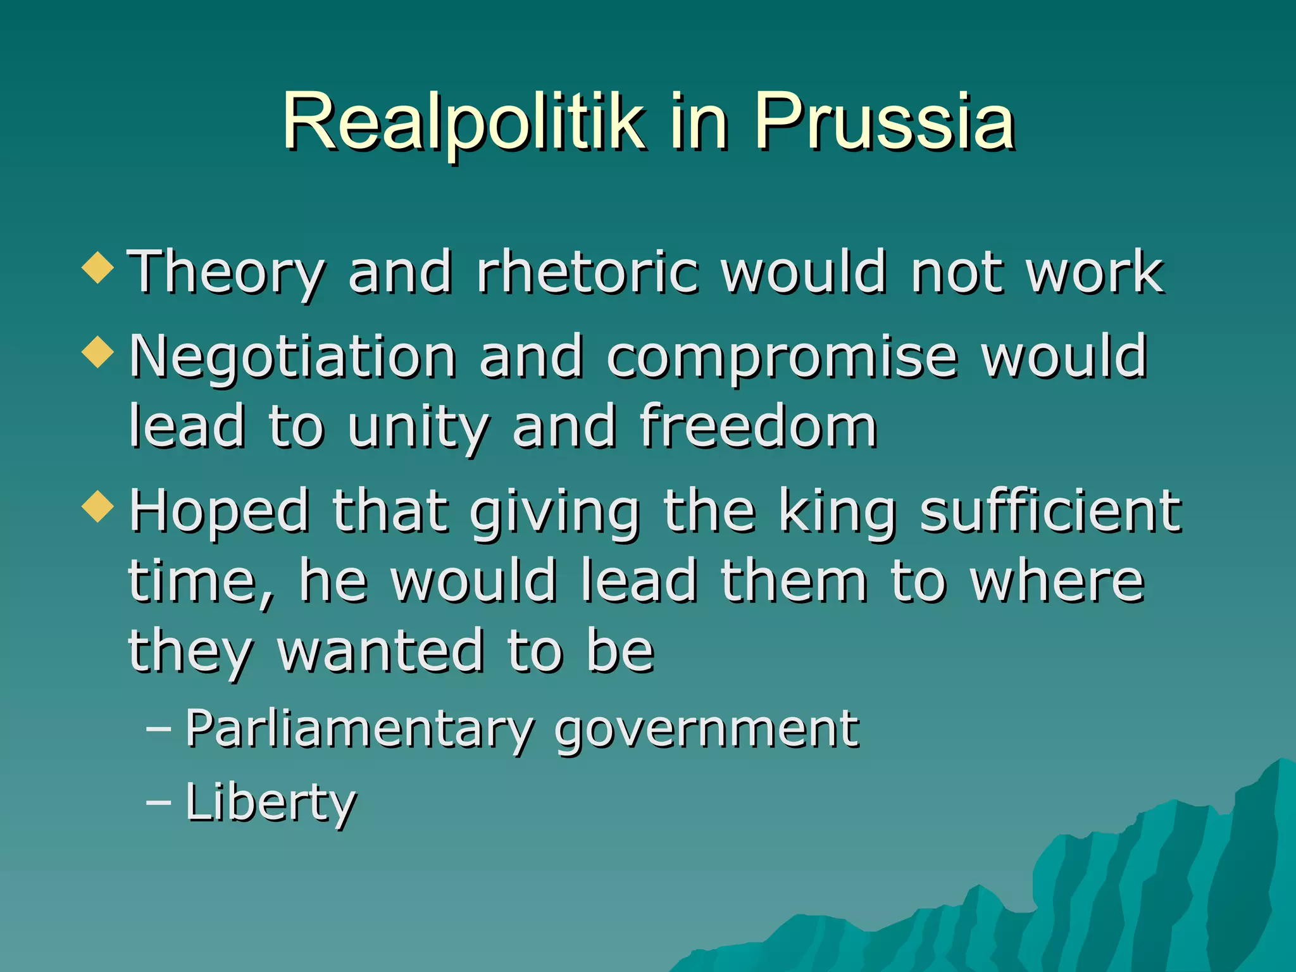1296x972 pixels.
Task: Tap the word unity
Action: (418, 428)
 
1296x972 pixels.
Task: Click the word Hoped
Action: (219, 511)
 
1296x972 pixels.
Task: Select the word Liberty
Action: (271, 802)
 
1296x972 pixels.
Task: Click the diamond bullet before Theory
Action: (98, 267)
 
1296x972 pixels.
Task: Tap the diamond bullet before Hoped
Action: (98, 506)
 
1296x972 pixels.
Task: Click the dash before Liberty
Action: (158, 802)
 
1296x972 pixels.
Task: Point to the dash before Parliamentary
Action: (158, 729)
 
